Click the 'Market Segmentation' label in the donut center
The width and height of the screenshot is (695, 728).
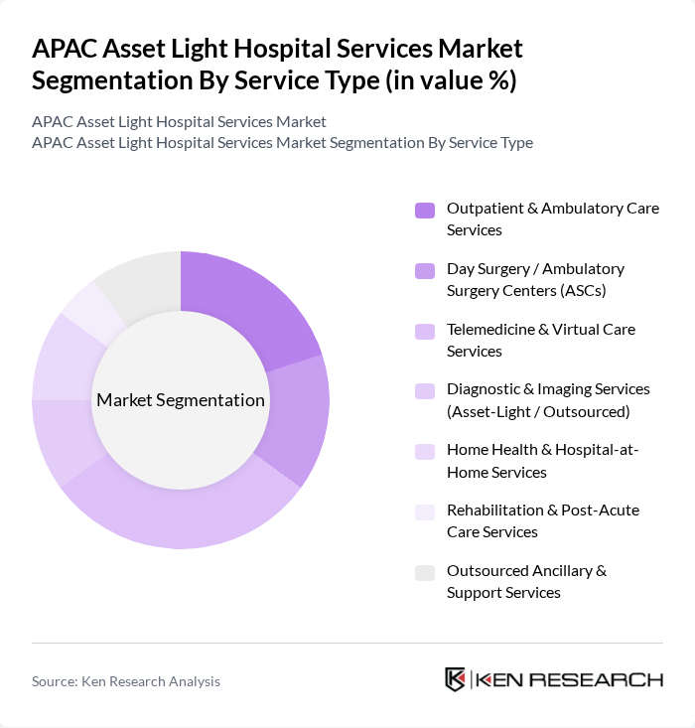coord(181,400)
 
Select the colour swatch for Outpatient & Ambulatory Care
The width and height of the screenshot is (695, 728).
coord(425,210)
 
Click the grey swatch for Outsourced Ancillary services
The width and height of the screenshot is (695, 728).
coord(425,572)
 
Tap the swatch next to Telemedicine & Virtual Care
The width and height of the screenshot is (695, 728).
coord(425,331)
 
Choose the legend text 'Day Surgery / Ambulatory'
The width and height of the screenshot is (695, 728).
coord(535,268)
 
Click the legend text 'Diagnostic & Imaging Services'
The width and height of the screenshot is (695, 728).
coord(548,389)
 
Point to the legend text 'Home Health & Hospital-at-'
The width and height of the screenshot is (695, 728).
coord(542,450)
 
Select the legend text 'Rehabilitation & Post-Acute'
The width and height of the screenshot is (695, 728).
coord(542,510)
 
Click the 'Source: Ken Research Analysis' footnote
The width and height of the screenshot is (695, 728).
coord(126,681)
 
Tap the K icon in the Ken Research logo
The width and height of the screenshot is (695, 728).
coord(456,679)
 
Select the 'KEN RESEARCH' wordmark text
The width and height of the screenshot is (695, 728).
coord(570,679)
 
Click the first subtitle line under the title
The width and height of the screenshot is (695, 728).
coord(179,121)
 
